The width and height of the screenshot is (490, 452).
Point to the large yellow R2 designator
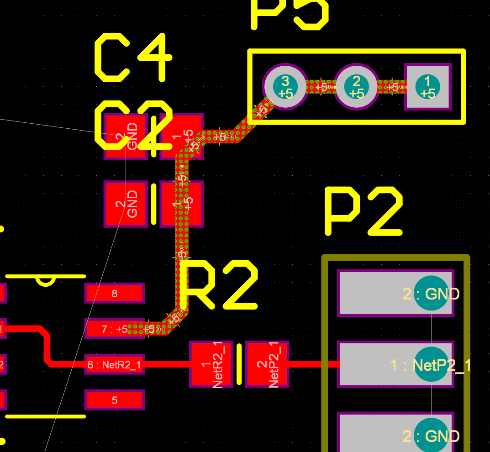pos(218,286)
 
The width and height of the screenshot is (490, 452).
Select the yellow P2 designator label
pos(364,212)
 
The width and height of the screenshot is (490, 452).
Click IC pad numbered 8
pos(114,293)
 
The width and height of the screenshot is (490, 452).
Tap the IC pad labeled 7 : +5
pos(114,329)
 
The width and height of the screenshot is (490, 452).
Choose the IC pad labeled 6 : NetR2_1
pos(114,364)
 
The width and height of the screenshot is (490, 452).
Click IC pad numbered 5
pos(114,400)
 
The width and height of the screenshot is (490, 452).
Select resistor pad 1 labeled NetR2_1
pos(211,364)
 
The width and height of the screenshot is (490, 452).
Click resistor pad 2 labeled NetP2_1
pos(267,364)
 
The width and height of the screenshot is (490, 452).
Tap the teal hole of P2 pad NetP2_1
pos(432,364)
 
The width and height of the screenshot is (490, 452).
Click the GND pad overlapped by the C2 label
pos(126,136)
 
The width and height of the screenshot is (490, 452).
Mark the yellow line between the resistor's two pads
pos(239,364)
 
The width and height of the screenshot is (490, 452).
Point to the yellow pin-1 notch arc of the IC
pos(46,281)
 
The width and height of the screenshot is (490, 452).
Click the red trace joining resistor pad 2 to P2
pos(313,364)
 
